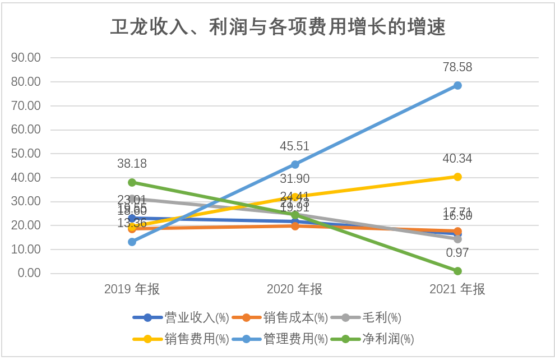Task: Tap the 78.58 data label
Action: [x=457, y=67]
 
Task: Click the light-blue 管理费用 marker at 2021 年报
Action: [x=457, y=85]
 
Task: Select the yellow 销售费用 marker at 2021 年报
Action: [x=457, y=177]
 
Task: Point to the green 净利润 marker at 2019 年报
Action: [x=132, y=182]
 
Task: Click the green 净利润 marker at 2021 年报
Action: [x=457, y=271]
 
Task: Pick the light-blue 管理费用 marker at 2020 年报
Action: [x=295, y=164]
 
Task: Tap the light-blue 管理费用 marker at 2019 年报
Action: [x=132, y=242]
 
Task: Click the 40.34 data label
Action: [x=457, y=159]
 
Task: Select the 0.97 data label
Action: [x=457, y=253]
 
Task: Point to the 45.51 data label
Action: [x=295, y=146]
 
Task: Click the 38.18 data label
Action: [x=132, y=164]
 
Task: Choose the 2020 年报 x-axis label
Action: [x=295, y=289]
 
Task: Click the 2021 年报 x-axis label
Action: [x=457, y=289]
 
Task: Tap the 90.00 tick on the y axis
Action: [x=26, y=58]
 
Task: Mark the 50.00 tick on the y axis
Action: [x=26, y=154]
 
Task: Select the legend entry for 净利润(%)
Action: [x=373, y=339]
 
